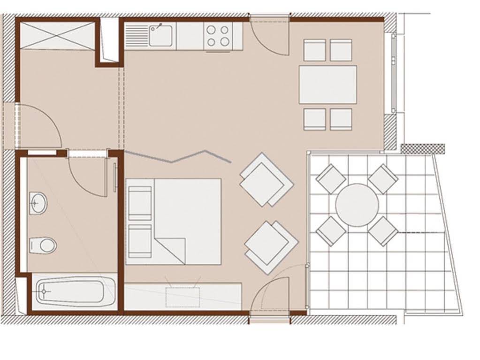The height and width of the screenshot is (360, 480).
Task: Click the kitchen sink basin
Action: point(161,35)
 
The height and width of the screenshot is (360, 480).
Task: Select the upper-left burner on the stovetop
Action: point(212,30)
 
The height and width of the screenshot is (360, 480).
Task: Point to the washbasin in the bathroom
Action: point(38,203)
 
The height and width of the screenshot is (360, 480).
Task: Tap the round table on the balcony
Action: point(357,205)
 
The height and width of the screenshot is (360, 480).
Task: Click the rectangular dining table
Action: point(328,84)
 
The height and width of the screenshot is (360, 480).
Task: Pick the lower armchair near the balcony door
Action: point(271,247)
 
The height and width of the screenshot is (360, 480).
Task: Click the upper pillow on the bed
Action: point(140,203)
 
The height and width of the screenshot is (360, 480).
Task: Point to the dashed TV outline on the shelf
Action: point(183,297)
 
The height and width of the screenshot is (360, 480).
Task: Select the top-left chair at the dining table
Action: point(314,50)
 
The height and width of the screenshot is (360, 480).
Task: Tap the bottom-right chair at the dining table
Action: point(341,119)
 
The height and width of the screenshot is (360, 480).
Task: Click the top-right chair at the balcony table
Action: point(383,178)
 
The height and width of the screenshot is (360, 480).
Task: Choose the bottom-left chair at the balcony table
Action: point(331,230)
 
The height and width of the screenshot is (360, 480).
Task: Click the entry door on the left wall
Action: point(38,126)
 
